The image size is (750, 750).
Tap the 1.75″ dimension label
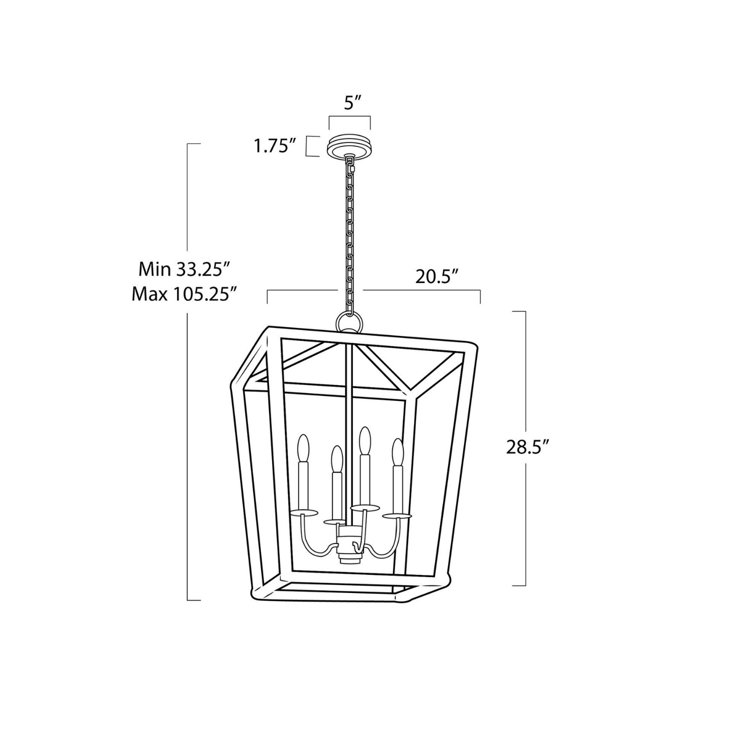(272, 146)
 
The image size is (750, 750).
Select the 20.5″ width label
(437, 276)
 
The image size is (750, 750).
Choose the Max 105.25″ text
(184, 294)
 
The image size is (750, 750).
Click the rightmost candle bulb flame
(397, 451)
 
